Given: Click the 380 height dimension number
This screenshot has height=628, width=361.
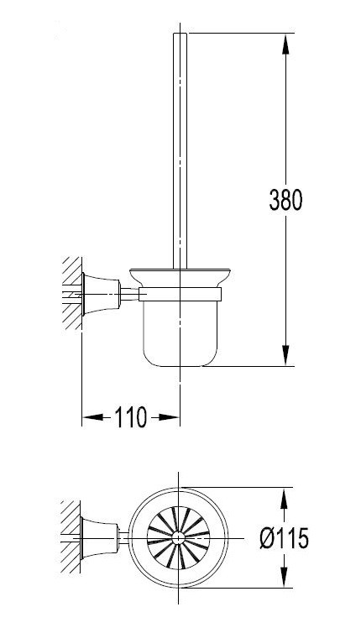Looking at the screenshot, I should click(x=285, y=199).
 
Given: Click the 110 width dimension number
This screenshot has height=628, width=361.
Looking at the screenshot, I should click(x=130, y=416).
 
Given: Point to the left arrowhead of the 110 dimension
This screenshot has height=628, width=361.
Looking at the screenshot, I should click(x=87, y=416).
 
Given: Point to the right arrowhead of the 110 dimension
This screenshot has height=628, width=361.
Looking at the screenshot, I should click(x=174, y=416).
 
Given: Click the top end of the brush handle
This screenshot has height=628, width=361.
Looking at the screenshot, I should click(x=180, y=36).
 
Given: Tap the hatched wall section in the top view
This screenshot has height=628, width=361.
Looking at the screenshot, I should click(x=70, y=534).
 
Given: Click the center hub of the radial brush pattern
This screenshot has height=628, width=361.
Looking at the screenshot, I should click(x=180, y=534).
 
